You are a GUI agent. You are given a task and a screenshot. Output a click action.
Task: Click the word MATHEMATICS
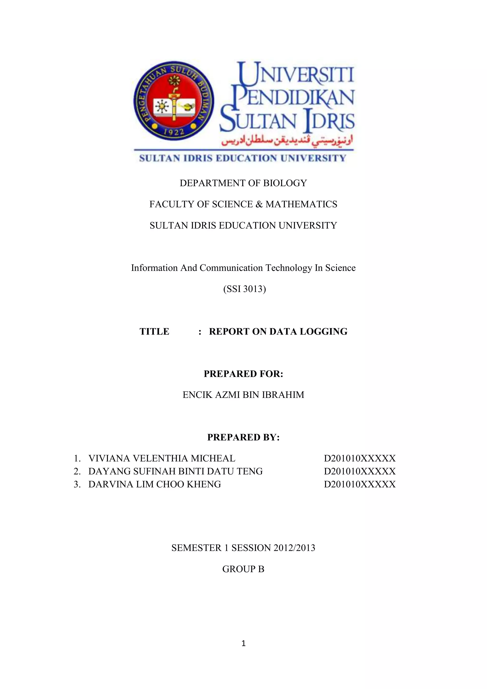301,204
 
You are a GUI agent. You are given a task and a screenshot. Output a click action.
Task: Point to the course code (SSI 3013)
244,289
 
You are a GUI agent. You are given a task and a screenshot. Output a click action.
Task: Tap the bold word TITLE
154,331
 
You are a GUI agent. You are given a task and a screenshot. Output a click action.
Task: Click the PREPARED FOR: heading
243,374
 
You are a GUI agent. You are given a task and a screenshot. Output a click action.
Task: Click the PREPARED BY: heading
243,437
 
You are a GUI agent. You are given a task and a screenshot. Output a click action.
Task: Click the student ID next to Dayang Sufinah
360,471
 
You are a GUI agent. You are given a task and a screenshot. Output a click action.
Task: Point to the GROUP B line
243,569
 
